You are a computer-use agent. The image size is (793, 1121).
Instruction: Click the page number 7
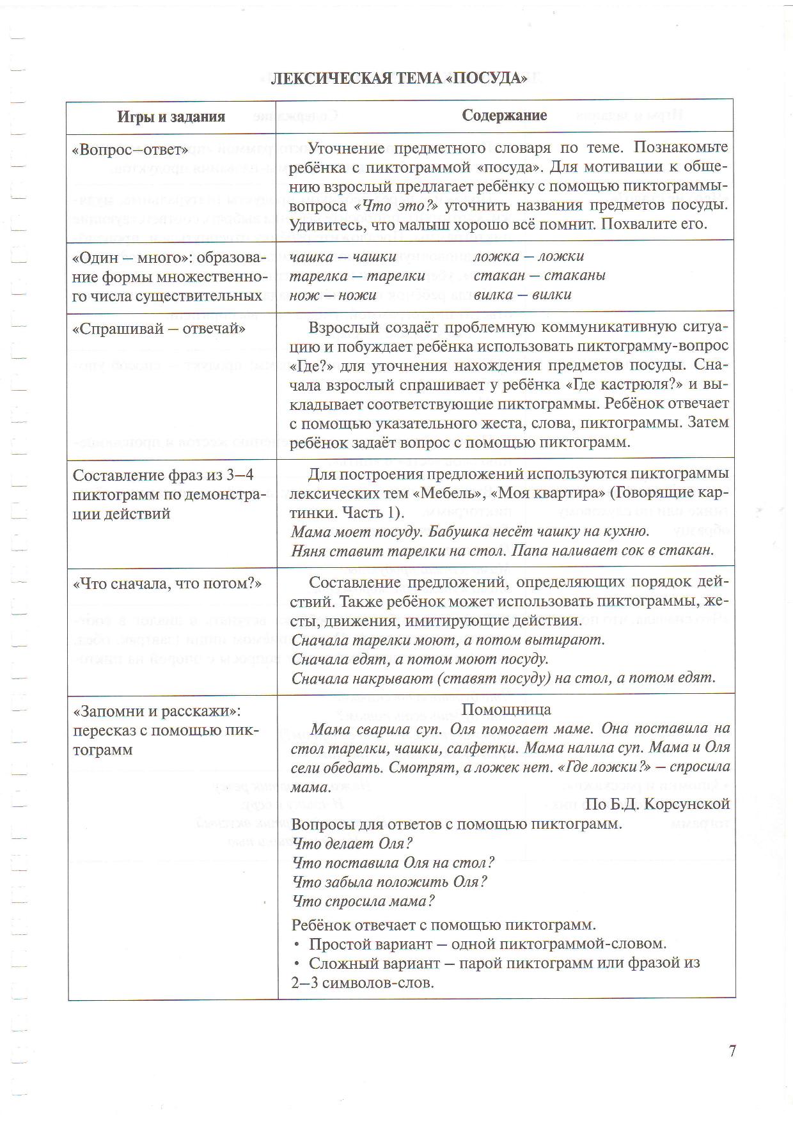pyautogui.click(x=732, y=1051)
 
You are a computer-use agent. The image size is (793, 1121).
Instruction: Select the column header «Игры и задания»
pyautogui.click(x=171, y=116)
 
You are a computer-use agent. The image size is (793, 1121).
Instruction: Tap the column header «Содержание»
pyautogui.click(x=505, y=115)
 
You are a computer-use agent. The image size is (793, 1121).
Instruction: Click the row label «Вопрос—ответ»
pyautogui.click(x=130, y=150)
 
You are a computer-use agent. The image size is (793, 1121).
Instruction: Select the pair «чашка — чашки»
pyautogui.click(x=343, y=257)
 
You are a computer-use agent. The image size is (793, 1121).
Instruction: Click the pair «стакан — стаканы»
pyautogui.click(x=539, y=276)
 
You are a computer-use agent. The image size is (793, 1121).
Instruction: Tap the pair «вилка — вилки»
pyautogui.click(x=522, y=295)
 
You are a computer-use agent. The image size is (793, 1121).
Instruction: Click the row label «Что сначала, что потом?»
pyautogui.click(x=168, y=584)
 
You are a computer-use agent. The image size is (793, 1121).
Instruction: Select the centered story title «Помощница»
pyautogui.click(x=506, y=709)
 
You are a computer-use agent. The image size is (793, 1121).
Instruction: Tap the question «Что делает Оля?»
pyautogui.click(x=352, y=843)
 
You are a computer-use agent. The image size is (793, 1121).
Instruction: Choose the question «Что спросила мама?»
pyautogui.click(x=363, y=901)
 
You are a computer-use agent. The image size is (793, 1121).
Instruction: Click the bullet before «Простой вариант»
pyautogui.click(x=297, y=945)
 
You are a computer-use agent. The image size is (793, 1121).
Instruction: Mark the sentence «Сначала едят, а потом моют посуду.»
pyautogui.click(x=420, y=659)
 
